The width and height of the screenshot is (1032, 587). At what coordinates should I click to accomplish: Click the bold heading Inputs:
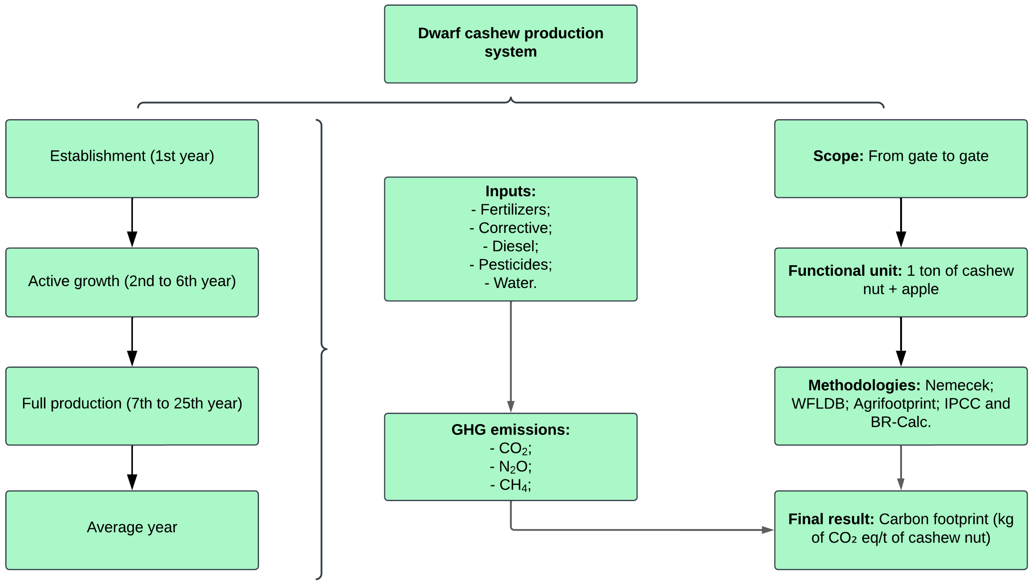coord(510,191)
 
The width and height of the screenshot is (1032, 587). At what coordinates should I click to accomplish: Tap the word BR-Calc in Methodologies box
coord(900,422)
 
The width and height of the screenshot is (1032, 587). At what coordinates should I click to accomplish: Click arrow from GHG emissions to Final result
coord(645,530)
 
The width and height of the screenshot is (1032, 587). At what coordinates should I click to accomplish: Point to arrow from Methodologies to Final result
coord(901,468)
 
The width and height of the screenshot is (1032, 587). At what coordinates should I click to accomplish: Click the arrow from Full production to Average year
coord(132,468)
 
